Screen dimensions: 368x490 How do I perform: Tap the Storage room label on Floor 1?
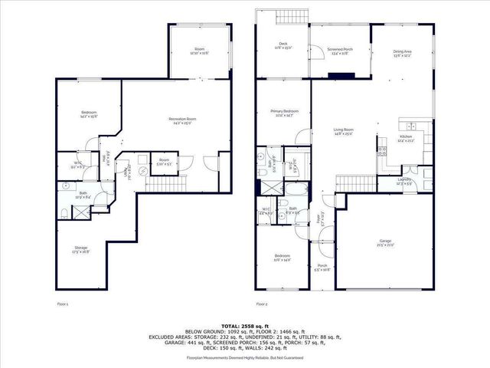[x=80, y=249]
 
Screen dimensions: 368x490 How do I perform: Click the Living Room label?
[x=342, y=132]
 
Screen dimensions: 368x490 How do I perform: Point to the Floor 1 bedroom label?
[x=87, y=116]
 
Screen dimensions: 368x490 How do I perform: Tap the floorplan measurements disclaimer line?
[x=245, y=357]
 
